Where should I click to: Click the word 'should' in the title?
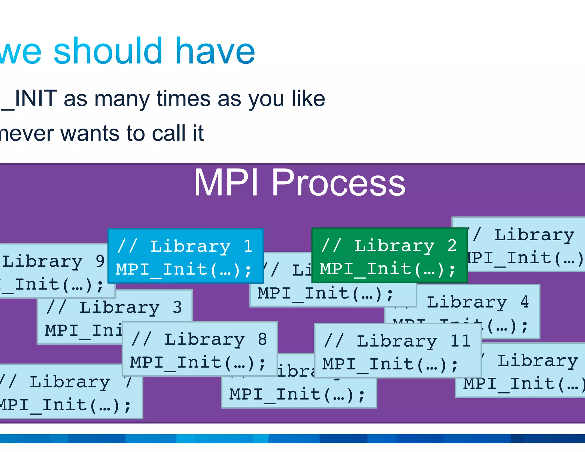pyautogui.click(x=108, y=51)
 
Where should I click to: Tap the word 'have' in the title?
pyautogui.click(x=215, y=51)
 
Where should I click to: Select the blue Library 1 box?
pyautogui.click(x=185, y=256)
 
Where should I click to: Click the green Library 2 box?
pyautogui.click(x=389, y=255)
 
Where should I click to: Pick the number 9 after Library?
pyautogui.click(x=100, y=261)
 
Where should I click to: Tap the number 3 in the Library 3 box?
pyautogui.click(x=177, y=307)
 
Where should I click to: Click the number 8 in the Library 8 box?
pyautogui.click(x=262, y=339)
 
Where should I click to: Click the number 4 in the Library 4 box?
pyautogui.click(x=524, y=302)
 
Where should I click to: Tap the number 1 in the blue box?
pyautogui.click(x=248, y=246)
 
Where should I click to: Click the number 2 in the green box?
pyautogui.click(x=452, y=245)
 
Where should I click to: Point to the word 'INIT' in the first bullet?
pyautogui.click(x=35, y=99)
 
